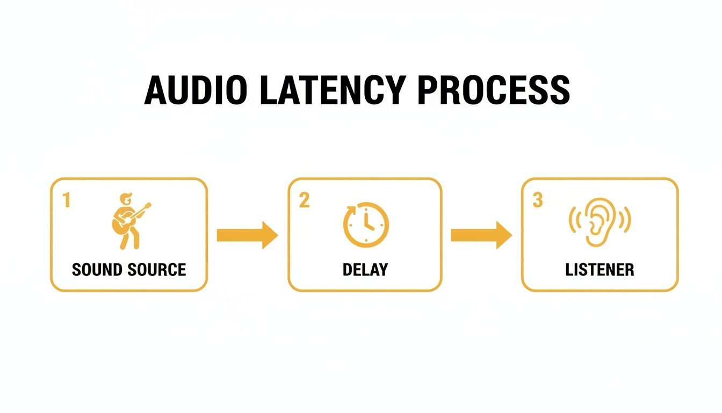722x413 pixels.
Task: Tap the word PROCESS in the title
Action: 493,90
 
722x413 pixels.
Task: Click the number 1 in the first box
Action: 67,201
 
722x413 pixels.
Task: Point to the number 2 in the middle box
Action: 304,201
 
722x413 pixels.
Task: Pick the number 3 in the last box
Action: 537,201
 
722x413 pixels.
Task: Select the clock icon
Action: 366,224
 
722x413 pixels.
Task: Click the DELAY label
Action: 365,269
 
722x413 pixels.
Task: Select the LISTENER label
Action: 600,269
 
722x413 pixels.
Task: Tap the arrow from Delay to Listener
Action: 481,235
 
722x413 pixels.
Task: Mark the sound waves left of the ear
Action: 574,219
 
